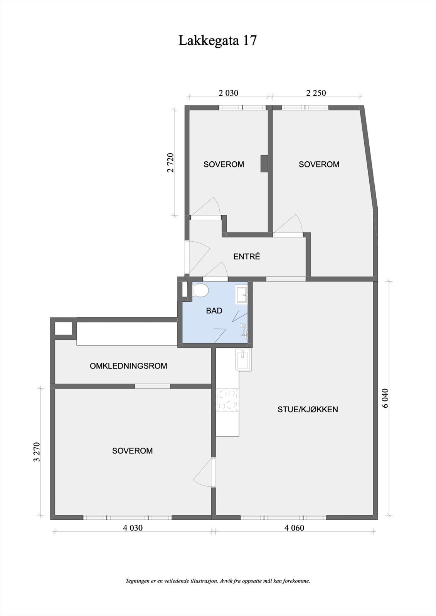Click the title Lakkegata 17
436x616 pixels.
[217, 40]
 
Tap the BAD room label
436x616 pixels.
[214, 311]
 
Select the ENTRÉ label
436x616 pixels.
[247, 256]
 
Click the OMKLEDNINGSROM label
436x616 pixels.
[128, 366]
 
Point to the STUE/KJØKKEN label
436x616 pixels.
[308, 409]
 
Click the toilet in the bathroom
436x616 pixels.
[200, 290]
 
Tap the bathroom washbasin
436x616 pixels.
[242, 295]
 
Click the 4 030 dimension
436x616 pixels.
[133, 528]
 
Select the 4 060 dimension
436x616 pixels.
[294, 528]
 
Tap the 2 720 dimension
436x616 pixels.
[171, 163]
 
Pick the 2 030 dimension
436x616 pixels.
[229, 93]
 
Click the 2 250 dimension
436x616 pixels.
[316, 93]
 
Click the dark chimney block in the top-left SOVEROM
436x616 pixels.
[264, 163]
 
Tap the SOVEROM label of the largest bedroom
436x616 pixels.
[132, 450]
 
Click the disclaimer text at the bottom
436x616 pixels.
[218, 581]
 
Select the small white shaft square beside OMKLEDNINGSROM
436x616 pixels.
[63, 328]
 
